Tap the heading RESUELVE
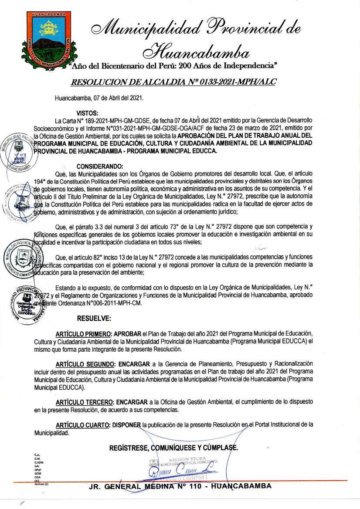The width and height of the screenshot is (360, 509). coord(94,318)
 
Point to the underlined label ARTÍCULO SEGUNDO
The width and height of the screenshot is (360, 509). coord(85,364)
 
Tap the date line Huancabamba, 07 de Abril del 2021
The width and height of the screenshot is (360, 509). coord(99,98)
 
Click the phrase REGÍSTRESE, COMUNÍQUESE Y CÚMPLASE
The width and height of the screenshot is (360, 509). coord(173,448)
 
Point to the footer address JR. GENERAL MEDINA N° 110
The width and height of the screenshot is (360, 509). coord(180,486)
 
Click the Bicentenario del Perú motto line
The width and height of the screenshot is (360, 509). coord(173,66)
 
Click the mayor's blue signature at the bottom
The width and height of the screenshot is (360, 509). coord(183,471)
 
